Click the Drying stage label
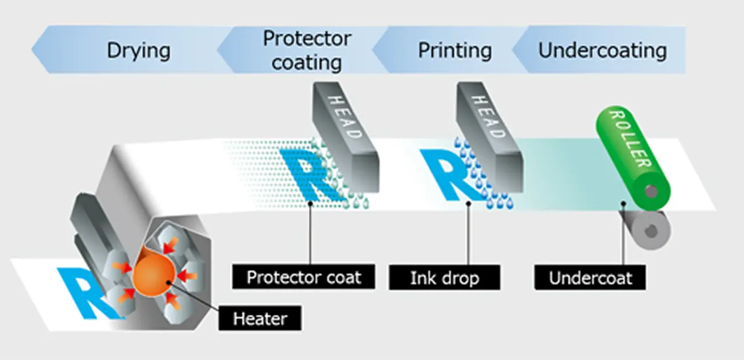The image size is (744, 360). tap(138, 50)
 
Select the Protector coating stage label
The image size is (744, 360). tap(306, 50)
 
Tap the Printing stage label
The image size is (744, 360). tap(454, 50)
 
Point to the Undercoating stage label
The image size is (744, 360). tap(602, 50)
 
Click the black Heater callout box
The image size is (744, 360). tap(259, 318)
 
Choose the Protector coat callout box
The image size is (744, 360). tap(303, 278)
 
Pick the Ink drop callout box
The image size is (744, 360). tap(444, 278)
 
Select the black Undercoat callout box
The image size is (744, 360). tap(591, 278)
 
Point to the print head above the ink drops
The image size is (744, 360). tap(489, 137)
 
